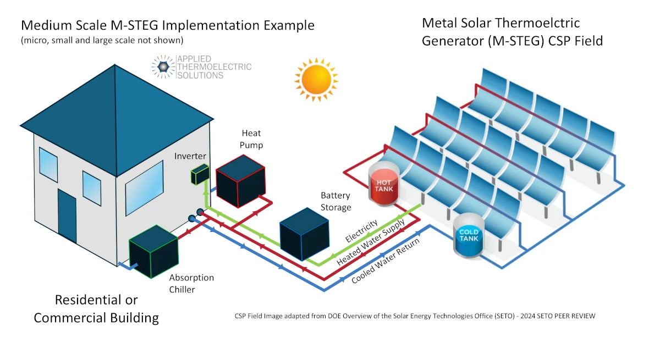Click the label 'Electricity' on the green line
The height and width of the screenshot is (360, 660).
(361, 231)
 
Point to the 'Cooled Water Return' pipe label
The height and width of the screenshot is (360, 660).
(385, 261)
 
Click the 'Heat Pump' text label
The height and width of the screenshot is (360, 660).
(251, 139)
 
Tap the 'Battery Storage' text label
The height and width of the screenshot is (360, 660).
(335, 201)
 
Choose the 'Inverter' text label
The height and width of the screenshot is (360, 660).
(190, 156)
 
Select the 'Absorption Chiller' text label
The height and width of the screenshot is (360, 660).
(191, 283)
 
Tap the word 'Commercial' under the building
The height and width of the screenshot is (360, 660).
(96, 317)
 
